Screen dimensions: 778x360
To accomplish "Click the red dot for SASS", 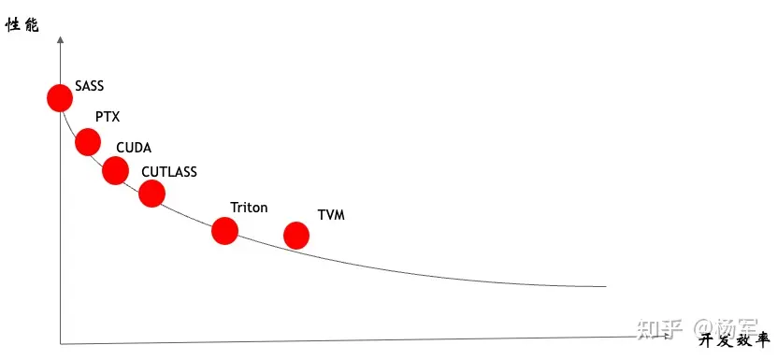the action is [60, 97].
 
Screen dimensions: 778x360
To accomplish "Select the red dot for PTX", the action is [88, 142].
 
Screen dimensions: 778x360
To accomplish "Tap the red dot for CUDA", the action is [115, 170].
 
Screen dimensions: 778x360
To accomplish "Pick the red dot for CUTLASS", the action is [151, 194].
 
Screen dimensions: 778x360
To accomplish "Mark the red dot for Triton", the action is [224, 230].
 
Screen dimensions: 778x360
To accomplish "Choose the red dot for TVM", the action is [296, 235].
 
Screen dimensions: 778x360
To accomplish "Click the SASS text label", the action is [90, 86].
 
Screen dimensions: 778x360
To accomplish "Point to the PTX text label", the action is [108, 117].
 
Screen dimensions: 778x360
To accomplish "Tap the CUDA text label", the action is [134, 148].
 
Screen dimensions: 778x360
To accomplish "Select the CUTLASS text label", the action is [169, 171].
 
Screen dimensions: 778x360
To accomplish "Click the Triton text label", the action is [249, 208].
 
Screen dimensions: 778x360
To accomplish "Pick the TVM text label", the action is [331, 215].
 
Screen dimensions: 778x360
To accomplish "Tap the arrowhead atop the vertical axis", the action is [60, 39].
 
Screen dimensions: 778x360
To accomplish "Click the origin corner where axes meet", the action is [61, 343].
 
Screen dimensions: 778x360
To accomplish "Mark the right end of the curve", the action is [606, 286].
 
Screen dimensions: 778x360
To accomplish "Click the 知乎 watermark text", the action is [658, 327].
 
